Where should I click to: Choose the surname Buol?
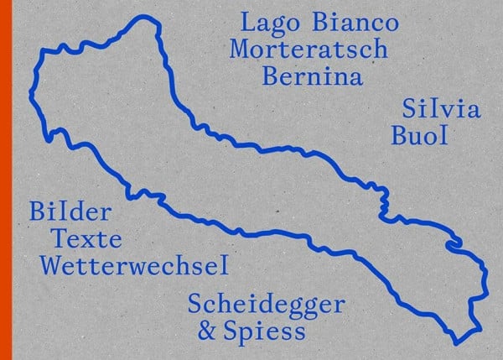click(419, 134)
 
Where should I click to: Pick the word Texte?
click(86, 239)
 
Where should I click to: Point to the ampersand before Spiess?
click(205, 331)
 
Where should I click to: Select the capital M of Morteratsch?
click(244, 49)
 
